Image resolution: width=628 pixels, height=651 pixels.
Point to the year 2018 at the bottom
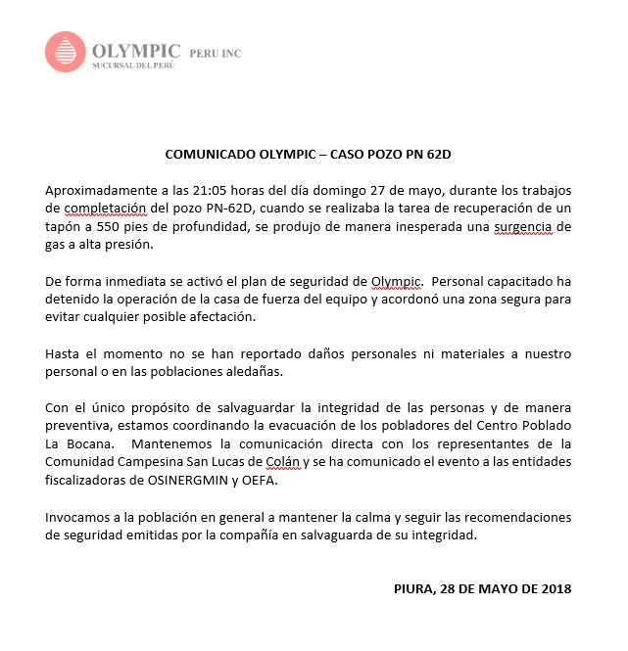pyautogui.click(x=553, y=588)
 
